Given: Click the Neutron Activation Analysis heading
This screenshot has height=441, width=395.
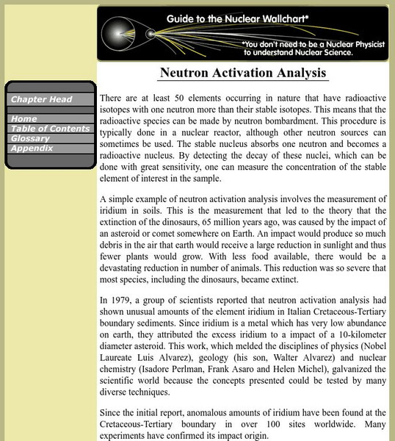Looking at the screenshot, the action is [x=242, y=73].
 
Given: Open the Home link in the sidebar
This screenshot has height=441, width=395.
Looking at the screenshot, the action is [x=24, y=118].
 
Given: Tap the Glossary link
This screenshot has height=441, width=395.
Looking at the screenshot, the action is [x=30, y=138].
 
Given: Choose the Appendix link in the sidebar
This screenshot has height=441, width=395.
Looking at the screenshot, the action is [x=32, y=148].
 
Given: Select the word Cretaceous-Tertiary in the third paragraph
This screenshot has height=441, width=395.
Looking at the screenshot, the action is [x=333, y=312].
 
